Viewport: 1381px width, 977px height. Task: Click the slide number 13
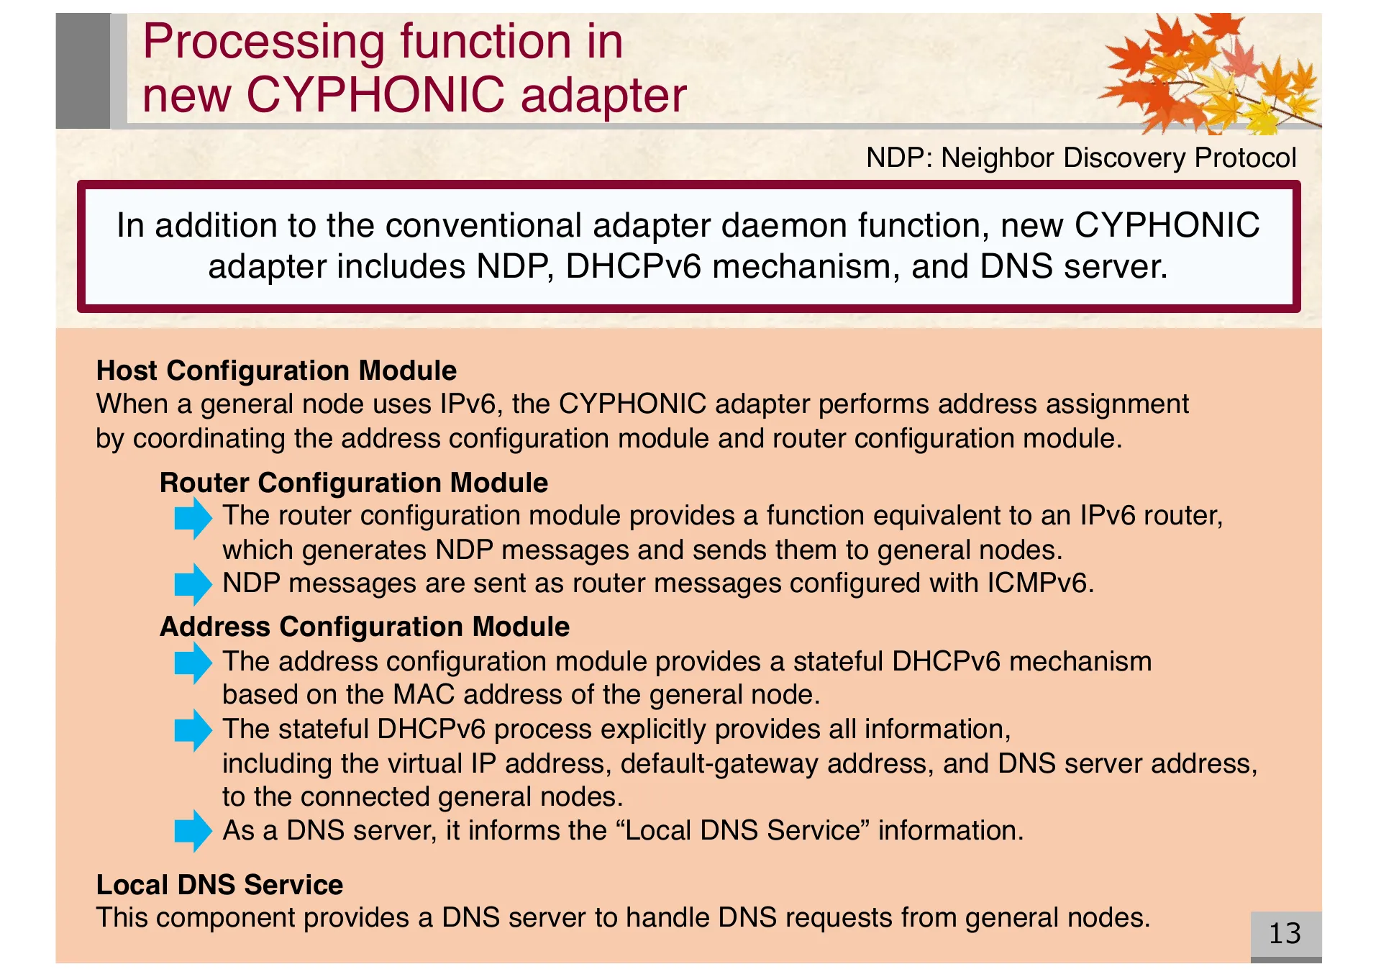click(x=1285, y=934)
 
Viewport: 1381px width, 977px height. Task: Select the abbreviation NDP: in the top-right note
click(x=899, y=158)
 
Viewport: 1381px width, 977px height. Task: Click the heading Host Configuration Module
click(x=276, y=371)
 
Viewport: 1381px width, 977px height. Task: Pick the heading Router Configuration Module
click(x=353, y=483)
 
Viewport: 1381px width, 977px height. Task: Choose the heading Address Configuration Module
click(x=365, y=627)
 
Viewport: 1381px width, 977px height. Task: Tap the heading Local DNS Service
click(x=219, y=885)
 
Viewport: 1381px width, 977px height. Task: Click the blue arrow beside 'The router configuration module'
click(x=193, y=517)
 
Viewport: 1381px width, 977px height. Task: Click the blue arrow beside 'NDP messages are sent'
click(x=193, y=583)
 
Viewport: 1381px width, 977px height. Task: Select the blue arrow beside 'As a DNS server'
click(x=193, y=831)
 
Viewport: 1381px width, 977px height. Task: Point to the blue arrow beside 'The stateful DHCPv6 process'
click(x=193, y=730)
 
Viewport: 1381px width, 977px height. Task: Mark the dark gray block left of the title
click(x=83, y=71)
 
